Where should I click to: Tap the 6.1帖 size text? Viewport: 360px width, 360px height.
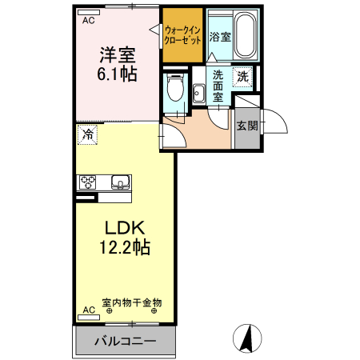point(116,74)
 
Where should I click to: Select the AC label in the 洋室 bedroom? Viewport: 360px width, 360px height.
point(88,22)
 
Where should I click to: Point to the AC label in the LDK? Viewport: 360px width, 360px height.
point(88,308)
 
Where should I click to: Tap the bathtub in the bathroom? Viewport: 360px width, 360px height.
point(242,34)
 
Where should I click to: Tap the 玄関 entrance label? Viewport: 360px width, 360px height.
point(246,126)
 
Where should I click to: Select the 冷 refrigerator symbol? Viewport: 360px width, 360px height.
point(87,135)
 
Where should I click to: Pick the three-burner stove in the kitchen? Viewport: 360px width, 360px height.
point(86,182)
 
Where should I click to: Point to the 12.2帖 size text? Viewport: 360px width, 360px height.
point(116,247)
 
